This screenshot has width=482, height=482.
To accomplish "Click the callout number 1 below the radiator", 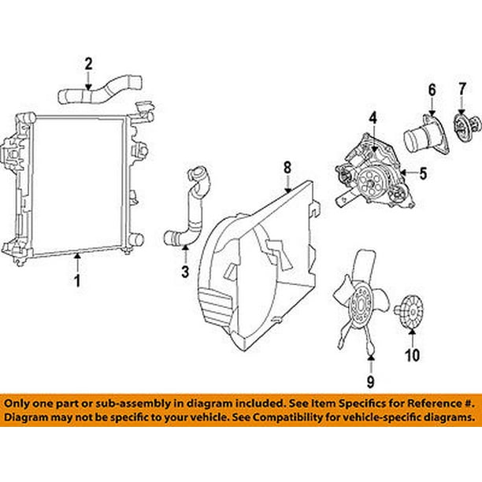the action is click(x=78, y=280).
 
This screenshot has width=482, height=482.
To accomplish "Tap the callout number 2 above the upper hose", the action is click(x=88, y=65).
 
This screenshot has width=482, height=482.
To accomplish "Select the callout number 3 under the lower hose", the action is click(x=185, y=272).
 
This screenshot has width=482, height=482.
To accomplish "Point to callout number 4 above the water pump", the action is click(x=373, y=119).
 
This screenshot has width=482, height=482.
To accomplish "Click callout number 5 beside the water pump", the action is click(x=423, y=173).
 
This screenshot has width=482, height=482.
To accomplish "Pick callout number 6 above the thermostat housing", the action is click(x=432, y=90).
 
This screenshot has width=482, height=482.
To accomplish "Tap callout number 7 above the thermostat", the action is click(x=462, y=89).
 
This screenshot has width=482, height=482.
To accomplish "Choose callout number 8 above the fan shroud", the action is click(x=287, y=168).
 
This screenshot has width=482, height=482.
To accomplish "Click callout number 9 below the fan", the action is click(x=371, y=381).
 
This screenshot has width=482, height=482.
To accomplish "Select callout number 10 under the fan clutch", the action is click(x=412, y=355).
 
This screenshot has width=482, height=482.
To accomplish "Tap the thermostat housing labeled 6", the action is click(x=426, y=136).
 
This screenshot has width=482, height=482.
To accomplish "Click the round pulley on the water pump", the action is click(x=370, y=184).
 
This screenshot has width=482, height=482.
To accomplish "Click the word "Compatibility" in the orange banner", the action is click(x=310, y=417).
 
